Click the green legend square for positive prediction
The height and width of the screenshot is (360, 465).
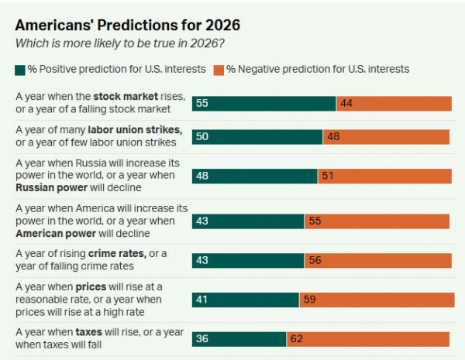tap(20, 70)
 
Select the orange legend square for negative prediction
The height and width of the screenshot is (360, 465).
tap(220, 70)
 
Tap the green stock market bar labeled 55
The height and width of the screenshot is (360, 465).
tap(263, 104)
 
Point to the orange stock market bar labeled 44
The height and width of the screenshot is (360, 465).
tap(394, 104)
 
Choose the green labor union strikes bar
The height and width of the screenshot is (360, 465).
tap(257, 137)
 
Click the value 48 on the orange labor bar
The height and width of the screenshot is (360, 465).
tap(333, 137)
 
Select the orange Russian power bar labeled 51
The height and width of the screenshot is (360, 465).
tap(384, 176)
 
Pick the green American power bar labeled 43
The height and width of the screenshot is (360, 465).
tap(248, 221)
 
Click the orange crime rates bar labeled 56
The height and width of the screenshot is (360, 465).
tap(377, 260)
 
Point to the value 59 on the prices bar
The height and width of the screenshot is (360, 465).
tap(309, 300)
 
